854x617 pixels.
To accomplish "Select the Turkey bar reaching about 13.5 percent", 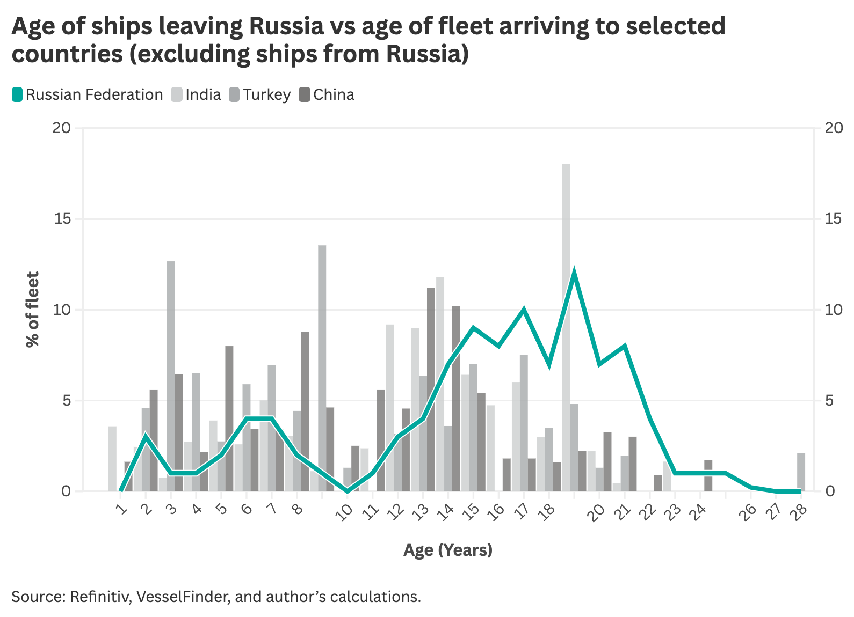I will click(x=322, y=354).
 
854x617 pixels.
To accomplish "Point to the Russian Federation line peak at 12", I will click(x=574, y=272).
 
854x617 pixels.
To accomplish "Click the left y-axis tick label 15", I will click(x=63, y=219).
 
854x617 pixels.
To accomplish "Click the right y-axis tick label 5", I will click(x=829, y=400).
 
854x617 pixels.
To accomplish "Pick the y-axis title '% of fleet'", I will click(x=33, y=310).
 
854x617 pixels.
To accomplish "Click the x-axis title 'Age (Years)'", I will click(x=447, y=550).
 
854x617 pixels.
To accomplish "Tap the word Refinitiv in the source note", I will click(x=99, y=597).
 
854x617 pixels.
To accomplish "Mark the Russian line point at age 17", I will click(x=524, y=310).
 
